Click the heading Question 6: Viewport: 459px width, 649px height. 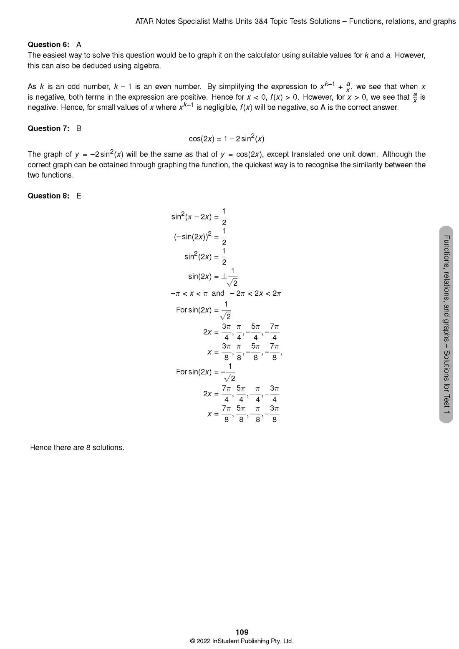pyautogui.click(x=48, y=45)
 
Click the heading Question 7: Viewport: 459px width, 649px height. pyautogui.click(x=48, y=128)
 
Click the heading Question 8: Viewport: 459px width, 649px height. pyautogui.click(x=48, y=196)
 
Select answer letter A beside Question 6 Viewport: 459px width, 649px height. pyautogui.click(x=79, y=45)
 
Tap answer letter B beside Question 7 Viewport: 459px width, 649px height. pyautogui.click(x=79, y=128)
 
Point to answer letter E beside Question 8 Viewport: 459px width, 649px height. pyautogui.click(x=79, y=196)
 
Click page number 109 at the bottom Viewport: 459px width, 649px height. pyautogui.click(x=242, y=632)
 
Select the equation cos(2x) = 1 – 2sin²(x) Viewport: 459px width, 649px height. pyautogui.click(x=226, y=139)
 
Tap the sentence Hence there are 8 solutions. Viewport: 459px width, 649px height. pyautogui.click(x=77, y=448)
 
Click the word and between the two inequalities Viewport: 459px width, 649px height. pyautogui.click(x=218, y=293)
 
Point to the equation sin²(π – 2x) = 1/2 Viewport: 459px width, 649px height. pyautogui.click(x=199, y=216)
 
